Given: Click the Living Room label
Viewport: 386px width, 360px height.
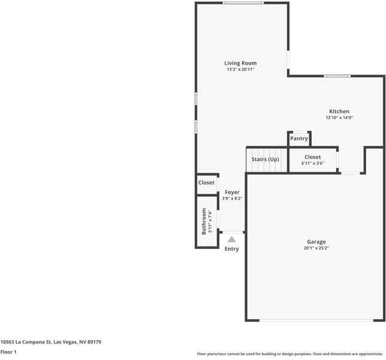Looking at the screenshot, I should (240, 63).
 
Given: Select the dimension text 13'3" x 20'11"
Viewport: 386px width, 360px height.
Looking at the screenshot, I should (240, 70).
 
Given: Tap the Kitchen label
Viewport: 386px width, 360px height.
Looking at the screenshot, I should (339, 111).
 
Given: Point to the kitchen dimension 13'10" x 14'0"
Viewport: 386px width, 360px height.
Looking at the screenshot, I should (339, 118).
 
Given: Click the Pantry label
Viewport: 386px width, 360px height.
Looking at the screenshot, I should (299, 139).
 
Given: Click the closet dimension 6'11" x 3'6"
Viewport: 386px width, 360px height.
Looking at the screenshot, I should (312, 163).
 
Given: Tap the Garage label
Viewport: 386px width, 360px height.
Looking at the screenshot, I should (316, 242).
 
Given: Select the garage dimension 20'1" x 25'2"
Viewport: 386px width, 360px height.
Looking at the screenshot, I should (316, 248).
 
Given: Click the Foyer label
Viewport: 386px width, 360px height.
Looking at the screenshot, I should (232, 192).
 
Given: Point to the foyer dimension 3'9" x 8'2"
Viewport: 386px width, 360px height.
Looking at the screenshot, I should (232, 199).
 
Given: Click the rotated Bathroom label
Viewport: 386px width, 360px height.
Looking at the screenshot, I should (204, 221).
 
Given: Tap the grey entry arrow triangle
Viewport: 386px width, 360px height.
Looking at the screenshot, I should (231, 239).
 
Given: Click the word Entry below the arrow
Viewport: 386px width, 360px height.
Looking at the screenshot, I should (231, 249).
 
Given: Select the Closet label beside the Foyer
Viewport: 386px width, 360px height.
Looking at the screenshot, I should (206, 182).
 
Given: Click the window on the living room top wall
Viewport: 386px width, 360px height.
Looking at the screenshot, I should (243, 3).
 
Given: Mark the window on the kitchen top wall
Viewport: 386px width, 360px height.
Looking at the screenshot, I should (337, 76).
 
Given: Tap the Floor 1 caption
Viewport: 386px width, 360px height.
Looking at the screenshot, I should (8, 352).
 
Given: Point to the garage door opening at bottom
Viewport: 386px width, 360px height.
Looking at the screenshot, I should (314, 320).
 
